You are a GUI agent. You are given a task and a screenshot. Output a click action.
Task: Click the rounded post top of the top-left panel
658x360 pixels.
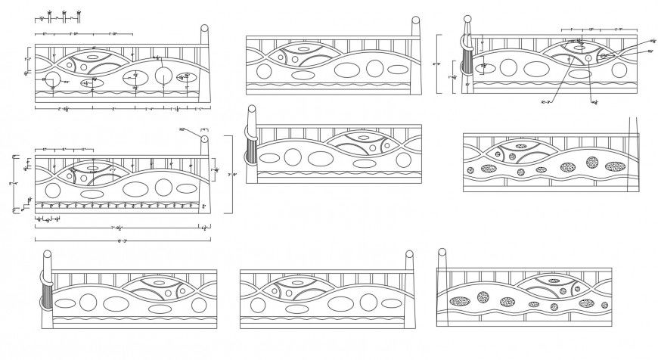tap(204, 29)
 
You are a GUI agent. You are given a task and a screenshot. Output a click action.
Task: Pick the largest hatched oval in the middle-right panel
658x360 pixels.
tap(616, 166)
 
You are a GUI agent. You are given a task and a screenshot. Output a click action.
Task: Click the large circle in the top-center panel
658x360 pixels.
tap(376, 68)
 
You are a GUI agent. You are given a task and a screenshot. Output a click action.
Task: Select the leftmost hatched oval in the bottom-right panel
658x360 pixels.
tap(458, 301)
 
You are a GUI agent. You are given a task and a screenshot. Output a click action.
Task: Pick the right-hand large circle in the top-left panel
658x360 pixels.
tap(163, 75)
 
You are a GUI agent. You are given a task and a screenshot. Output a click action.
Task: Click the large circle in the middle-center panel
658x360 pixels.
tap(292, 157)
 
